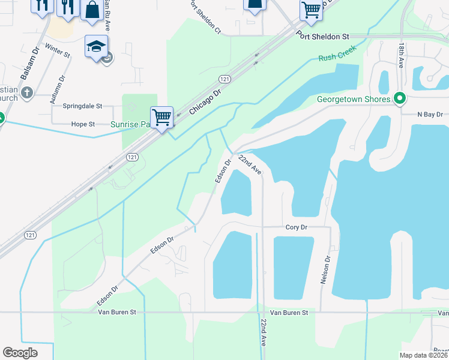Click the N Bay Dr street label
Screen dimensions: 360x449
click(430, 114)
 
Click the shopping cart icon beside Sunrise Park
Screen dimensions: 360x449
click(161, 118)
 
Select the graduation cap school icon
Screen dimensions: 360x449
click(96, 47)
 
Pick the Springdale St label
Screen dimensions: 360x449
click(82, 106)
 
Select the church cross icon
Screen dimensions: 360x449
click(26, 92)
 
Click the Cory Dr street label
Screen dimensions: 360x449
click(297, 227)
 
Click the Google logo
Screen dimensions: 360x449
click(20, 353)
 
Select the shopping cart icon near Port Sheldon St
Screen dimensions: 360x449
click(311, 10)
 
